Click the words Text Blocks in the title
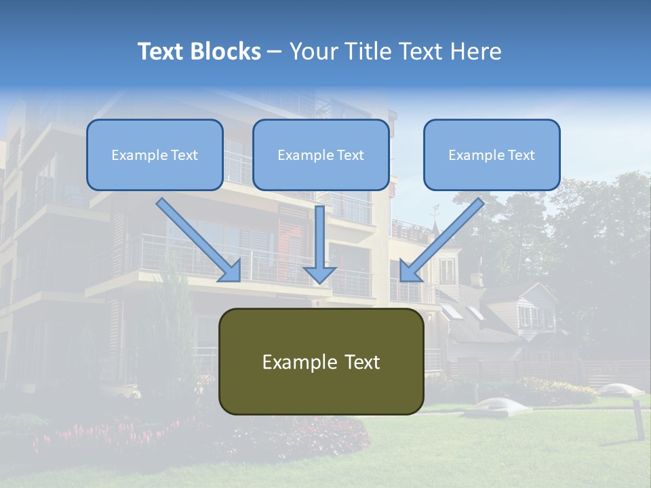(199, 52)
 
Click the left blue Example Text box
(155, 155)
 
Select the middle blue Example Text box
(321, 155)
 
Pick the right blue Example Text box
(492, 155)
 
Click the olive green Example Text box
(321, 362)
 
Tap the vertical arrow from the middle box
(320, 237)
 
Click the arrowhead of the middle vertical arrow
(320, 274)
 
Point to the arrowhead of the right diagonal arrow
(411, 270)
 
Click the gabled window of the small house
(527, 315)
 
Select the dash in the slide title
(275, 52)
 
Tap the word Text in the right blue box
(521, 155)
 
